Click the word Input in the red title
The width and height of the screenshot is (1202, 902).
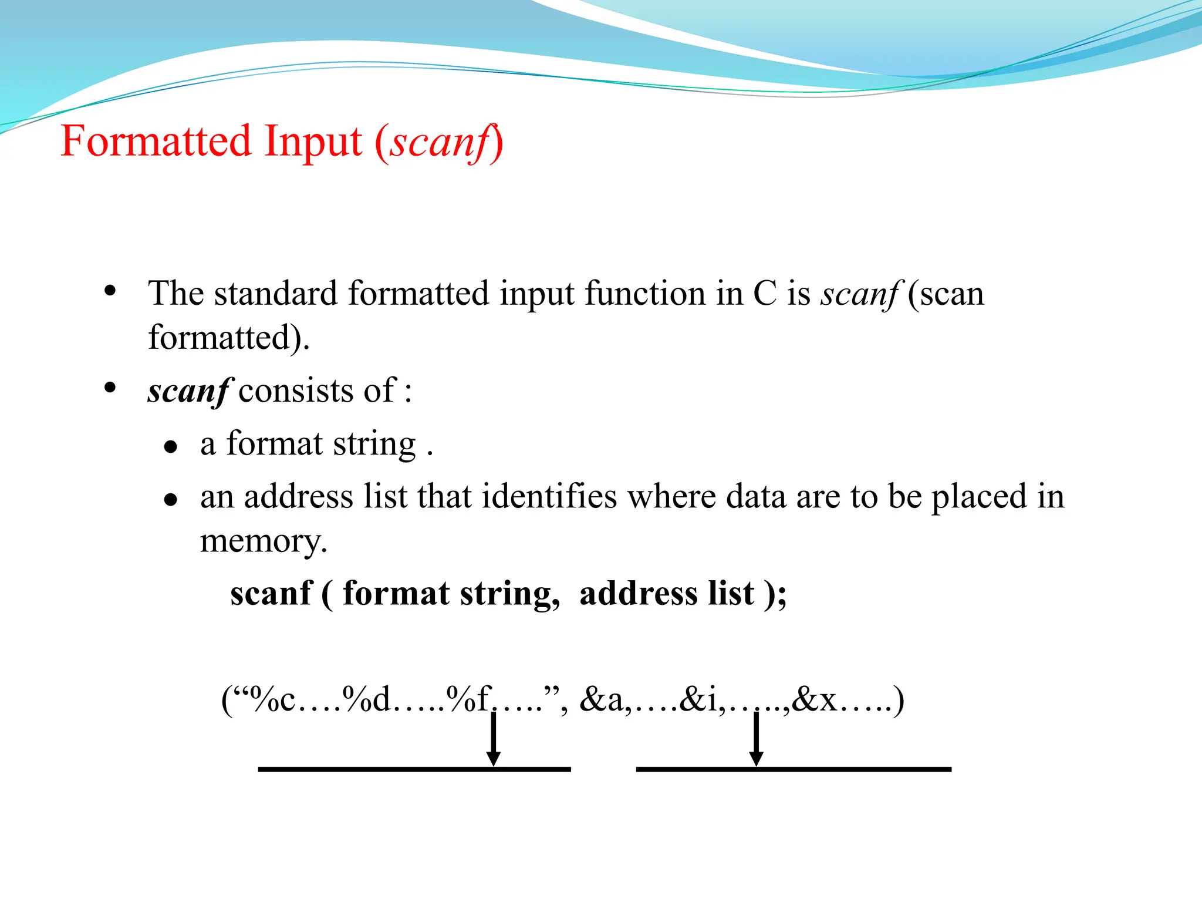coord(313,142)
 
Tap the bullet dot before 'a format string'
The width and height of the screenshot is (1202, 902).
coord(171,447)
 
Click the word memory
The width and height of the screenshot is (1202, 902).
coord(262,541)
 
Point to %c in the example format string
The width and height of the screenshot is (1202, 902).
coord(272,699)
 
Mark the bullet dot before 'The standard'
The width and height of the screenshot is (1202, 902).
coord(110,291)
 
